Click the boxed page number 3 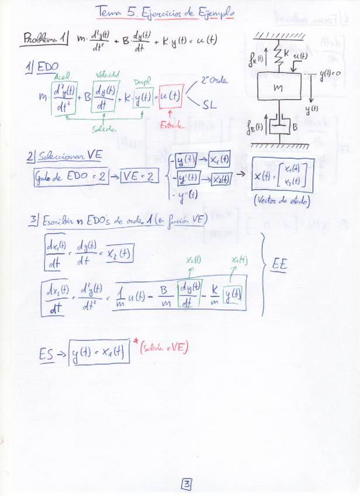[186, 484]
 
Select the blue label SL [210, 106]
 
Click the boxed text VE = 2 [139, 175]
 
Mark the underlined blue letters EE [281, 265]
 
